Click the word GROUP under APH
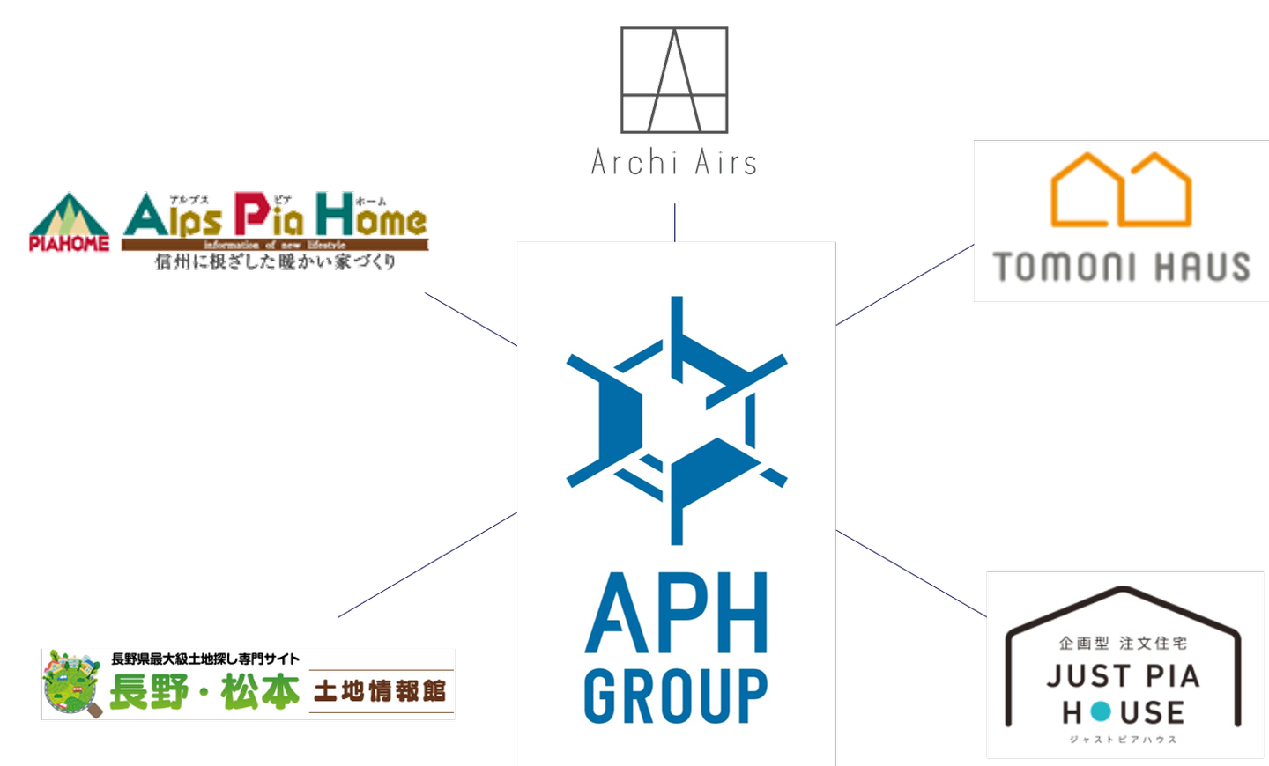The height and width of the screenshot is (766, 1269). coord(676,696)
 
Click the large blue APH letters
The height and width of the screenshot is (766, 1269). coord(676,614)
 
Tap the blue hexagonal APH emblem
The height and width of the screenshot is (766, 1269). coord(676,419)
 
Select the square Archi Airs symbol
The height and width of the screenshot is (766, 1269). coord(674,80)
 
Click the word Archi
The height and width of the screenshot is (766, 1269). coord(634,162)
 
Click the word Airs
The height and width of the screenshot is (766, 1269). coord(725,162)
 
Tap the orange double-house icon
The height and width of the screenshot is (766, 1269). coord(1121,190)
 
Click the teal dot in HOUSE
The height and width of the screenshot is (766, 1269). coord(1101,711)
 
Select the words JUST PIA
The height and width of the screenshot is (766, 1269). coord(1123,676)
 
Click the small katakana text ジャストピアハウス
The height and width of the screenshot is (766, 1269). coord(1123,740)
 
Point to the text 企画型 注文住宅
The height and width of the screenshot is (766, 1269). coord(1123,644)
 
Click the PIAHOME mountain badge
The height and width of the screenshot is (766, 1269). coord(70,224)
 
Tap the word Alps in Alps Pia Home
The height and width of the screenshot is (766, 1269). coord(173,217)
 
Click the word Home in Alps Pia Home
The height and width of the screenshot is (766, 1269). coord(371,217)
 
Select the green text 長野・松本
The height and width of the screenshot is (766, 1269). coord(204,691)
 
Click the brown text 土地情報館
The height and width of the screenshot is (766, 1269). coord(380,691)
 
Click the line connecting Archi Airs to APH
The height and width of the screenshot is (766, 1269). coord(675,223)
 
